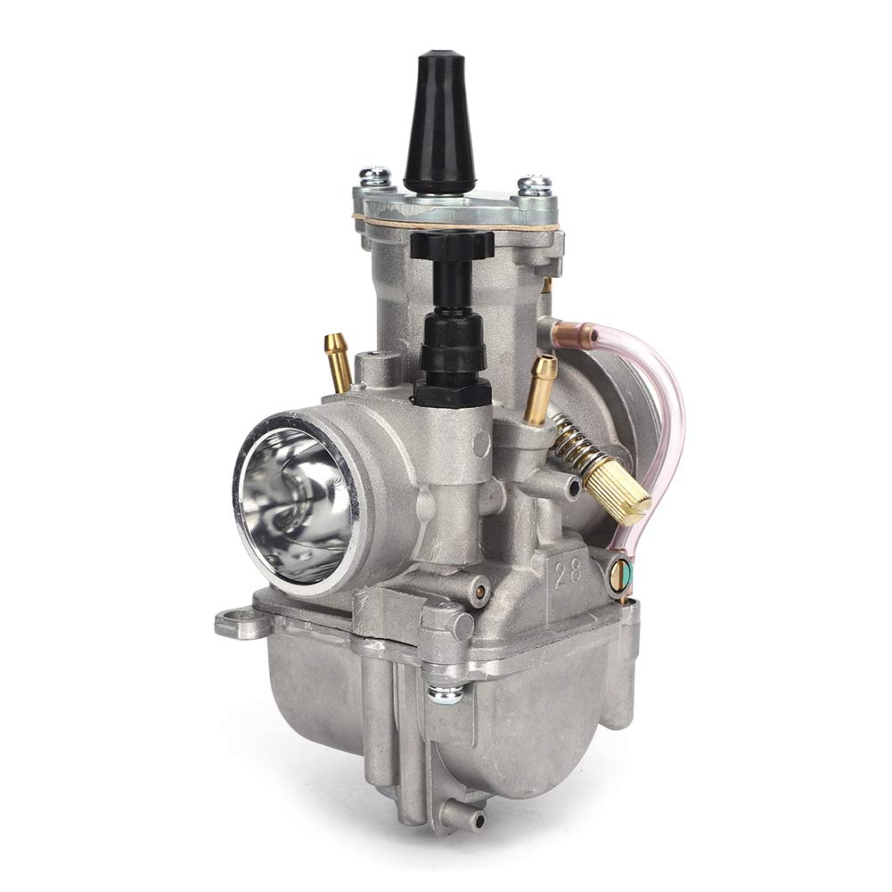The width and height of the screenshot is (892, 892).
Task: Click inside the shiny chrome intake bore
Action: coord(290,499)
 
